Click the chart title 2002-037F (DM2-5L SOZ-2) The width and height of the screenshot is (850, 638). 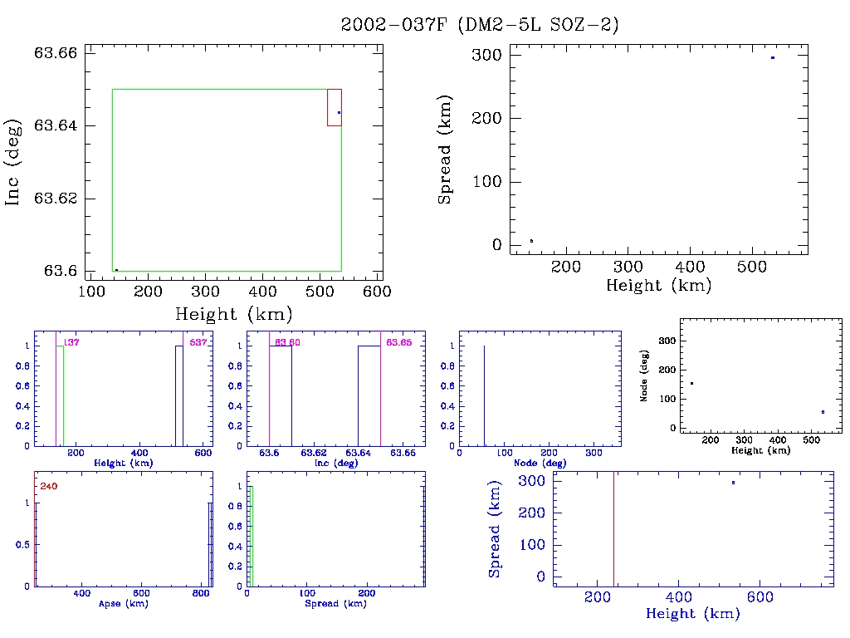(480, 25)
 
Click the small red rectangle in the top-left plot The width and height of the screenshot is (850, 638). (334, 107)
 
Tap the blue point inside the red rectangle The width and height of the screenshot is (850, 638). (339, 112)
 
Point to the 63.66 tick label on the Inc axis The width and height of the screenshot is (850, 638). (56, 53)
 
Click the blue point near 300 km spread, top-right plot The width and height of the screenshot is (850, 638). (773, 57)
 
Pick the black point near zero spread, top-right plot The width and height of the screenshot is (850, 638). (531, 241)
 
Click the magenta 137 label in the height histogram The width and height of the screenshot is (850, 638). (71, 342)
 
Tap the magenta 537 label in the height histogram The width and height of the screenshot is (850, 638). (198, 342)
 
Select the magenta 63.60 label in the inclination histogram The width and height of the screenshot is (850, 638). (287, 342)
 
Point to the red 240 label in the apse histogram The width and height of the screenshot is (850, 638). (48, 486)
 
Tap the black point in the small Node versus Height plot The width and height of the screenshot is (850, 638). (691, 383)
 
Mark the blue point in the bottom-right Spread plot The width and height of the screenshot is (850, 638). (733, 483)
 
